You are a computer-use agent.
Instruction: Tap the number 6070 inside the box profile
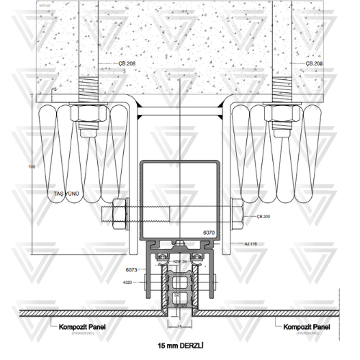pos(209,233)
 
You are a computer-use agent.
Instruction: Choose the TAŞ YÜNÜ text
pos(70,194)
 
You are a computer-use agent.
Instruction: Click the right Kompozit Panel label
pos(307,327)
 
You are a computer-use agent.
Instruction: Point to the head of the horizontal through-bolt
pos(119,212)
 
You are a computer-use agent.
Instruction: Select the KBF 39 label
pos(180,261)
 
